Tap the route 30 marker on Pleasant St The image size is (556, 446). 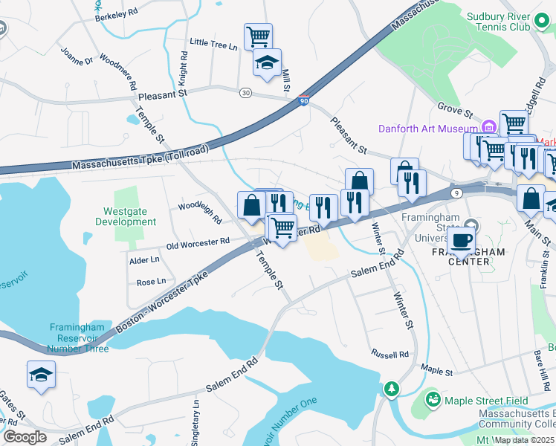245,92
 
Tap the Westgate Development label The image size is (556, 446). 125,216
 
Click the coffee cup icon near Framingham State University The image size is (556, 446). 462,239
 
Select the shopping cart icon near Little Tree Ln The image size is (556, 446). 258,35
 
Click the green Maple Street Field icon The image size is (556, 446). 433,400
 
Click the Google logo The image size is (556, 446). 25,436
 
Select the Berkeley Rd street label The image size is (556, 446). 118,13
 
